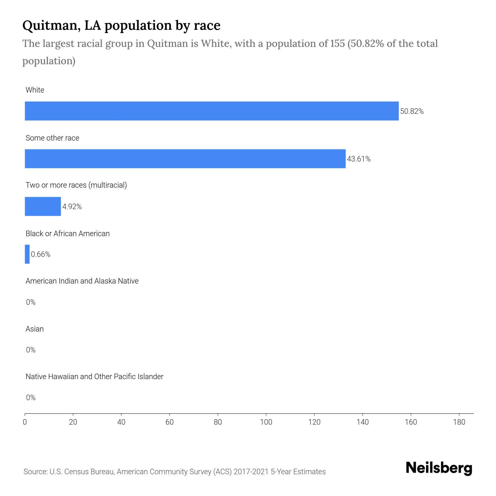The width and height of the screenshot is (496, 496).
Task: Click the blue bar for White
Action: (212, 111)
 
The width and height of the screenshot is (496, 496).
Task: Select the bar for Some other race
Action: (185, 159)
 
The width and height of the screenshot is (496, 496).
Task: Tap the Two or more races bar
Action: (43, 206)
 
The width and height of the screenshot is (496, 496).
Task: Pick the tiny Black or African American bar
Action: (27, 254)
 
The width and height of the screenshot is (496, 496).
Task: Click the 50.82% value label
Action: (412, 111)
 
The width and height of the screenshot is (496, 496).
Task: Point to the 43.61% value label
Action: (358, 159)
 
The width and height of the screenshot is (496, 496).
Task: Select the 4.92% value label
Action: (72, 207)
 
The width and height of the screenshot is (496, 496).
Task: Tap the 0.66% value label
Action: (41, 254)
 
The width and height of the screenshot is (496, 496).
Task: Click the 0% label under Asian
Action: (31, 350)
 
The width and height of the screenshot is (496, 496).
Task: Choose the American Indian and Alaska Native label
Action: (82, 281)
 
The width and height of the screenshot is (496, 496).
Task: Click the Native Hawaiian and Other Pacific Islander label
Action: (94, 377)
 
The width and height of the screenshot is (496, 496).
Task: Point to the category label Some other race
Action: (52, 138)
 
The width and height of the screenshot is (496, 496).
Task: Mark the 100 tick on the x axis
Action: (266, 422)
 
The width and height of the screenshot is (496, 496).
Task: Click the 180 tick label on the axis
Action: (459, 422)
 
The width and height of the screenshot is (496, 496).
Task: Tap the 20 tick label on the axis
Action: (73, 422)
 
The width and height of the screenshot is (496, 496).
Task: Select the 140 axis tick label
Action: (362, 422)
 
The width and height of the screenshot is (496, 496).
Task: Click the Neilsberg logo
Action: (439, 468)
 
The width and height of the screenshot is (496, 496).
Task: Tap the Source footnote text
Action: (174, 471)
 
